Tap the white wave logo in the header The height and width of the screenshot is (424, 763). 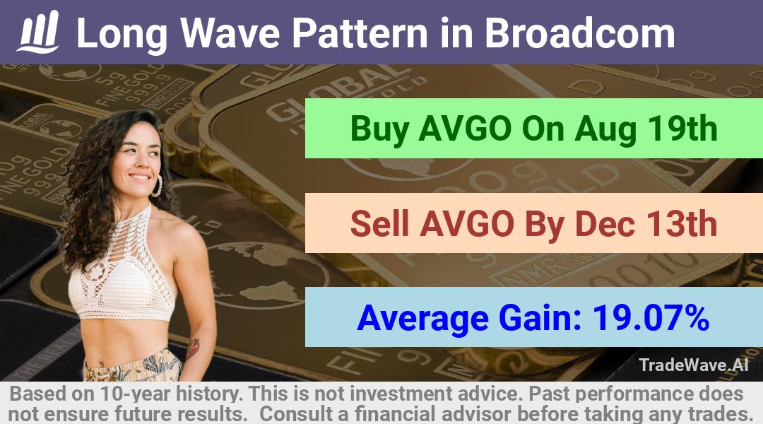tap(38, 32)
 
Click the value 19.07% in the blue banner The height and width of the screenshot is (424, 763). tap(651, 318)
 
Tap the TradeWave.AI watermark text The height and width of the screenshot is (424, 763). tap(694, 365)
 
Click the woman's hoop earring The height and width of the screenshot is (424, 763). tap(157, 186)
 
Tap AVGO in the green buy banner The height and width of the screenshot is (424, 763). tap(465, 129)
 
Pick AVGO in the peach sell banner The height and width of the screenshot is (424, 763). tap(467, 224)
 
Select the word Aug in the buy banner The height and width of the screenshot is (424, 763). tap(605, 131)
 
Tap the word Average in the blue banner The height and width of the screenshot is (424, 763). tap(423, 319)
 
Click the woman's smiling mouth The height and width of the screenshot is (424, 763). tap(141, 177)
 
